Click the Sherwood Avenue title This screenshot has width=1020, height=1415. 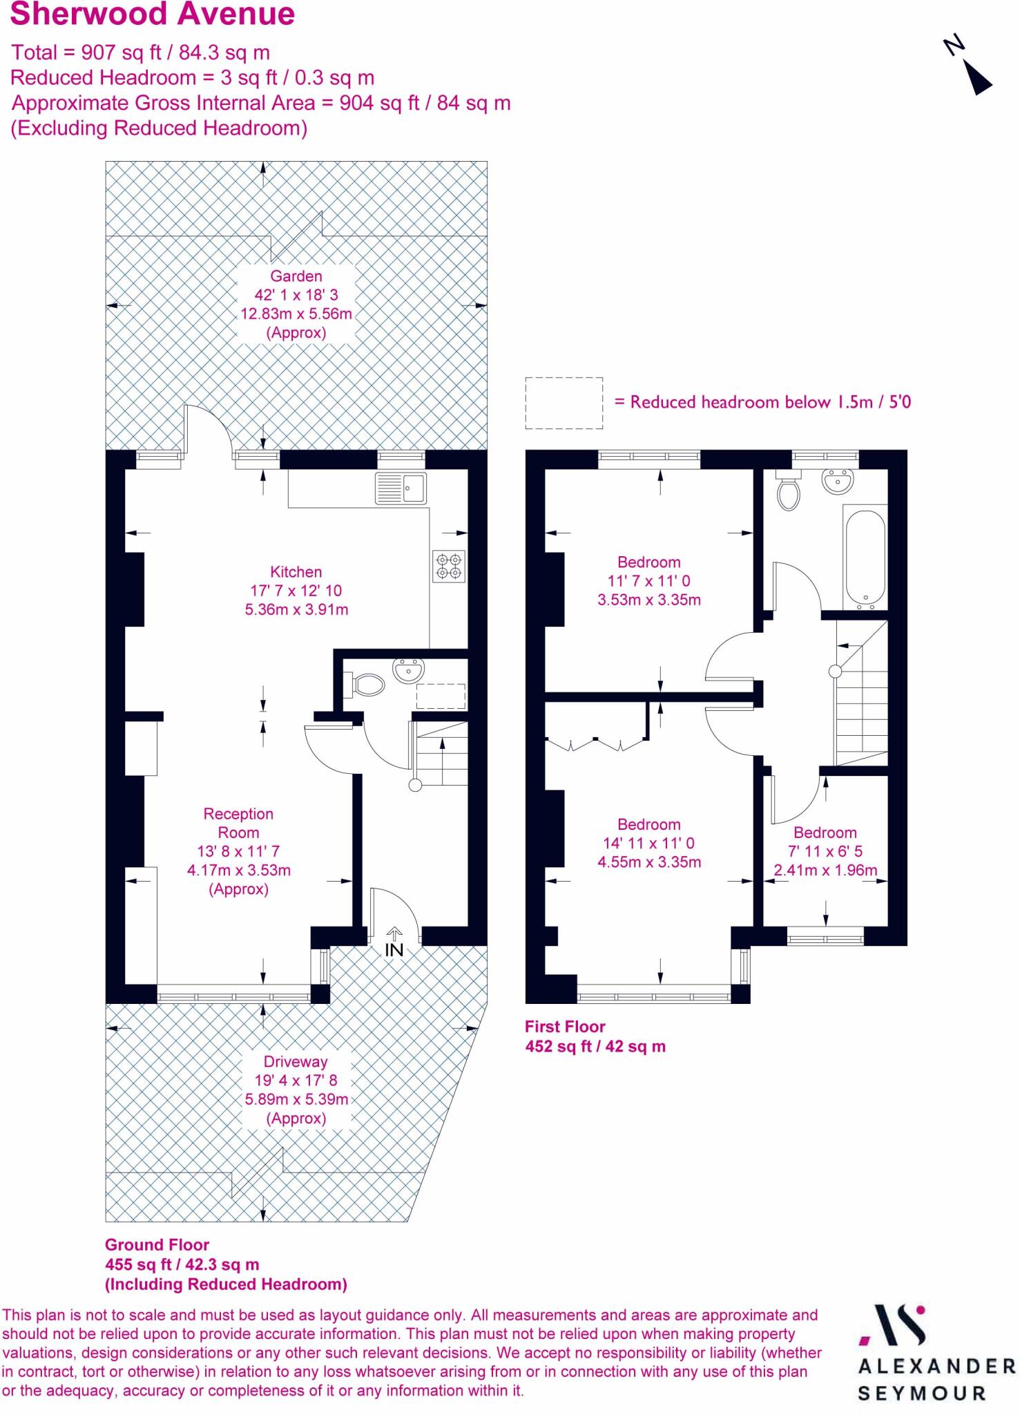point(153,15)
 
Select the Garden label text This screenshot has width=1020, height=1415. point(296,276)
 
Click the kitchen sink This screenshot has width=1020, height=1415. point(401,488)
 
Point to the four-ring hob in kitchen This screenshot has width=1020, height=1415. point(449,566)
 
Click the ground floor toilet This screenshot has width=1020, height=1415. point(368,685)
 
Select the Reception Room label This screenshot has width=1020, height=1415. point(238,823)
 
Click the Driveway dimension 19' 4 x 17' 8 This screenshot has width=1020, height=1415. point(296,1080)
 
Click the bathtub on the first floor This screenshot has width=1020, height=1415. point(865,558)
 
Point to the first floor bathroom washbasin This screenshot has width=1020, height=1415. point(838,481)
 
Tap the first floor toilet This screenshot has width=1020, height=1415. point(788,491)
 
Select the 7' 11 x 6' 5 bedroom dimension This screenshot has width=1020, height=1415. point(825,851)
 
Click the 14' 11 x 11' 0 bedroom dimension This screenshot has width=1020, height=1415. point(648,843)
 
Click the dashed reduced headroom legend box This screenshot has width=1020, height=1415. point(564,403)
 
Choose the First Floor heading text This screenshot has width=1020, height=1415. point(565,1027)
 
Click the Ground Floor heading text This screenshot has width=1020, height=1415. point(157,1245)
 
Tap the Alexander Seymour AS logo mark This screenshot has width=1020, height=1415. point(893,1325)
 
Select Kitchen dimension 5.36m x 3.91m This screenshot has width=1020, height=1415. point(296,609)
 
